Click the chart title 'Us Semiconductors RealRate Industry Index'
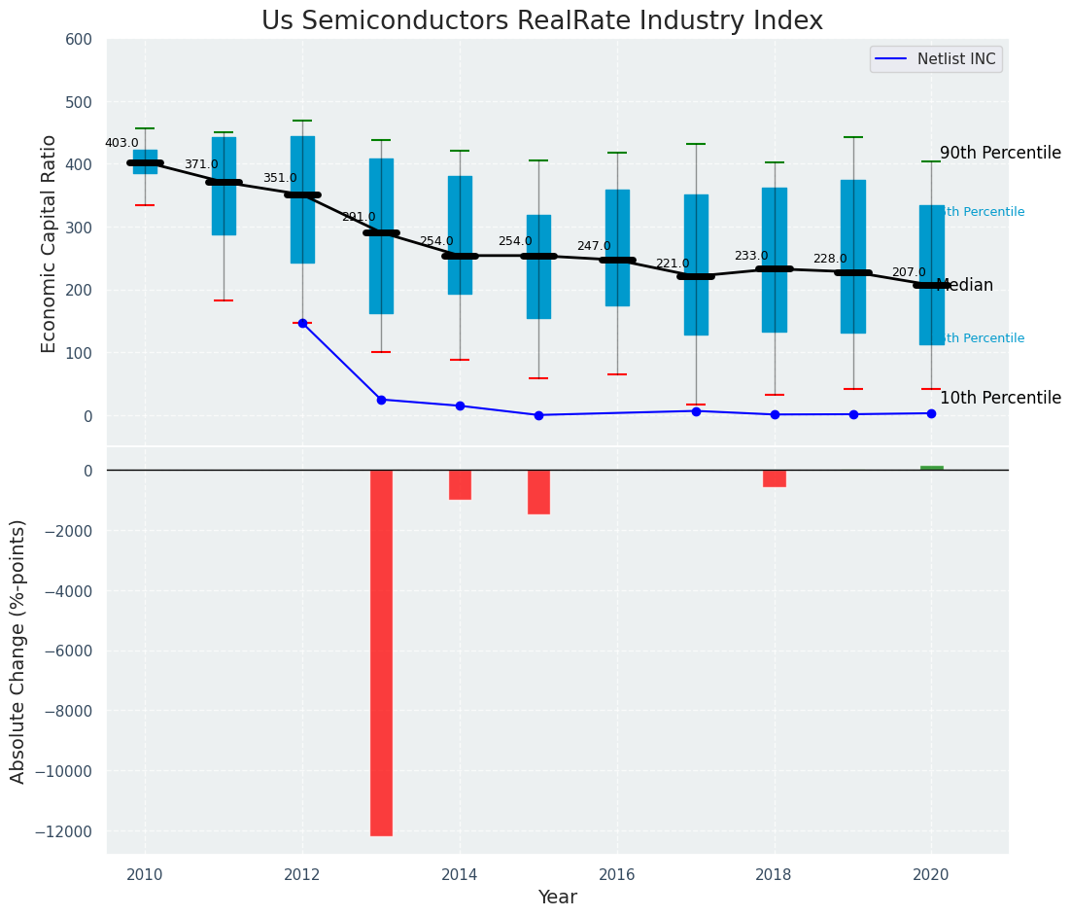(541, 21)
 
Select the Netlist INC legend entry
(936, 59)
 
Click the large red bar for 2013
(381, 652)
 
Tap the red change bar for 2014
(460, 484)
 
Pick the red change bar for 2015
(538, 492)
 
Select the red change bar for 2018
(775, 478)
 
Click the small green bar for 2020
(931, 468)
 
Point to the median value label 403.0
(121, 143)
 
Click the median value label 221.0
(673, 264)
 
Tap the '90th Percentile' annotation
(1000, 154)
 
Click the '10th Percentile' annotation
(1000, 398)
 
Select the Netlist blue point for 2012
(302, 323)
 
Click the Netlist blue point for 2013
(381, 400)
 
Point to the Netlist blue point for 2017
(696, 411)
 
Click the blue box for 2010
(145, 162)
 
